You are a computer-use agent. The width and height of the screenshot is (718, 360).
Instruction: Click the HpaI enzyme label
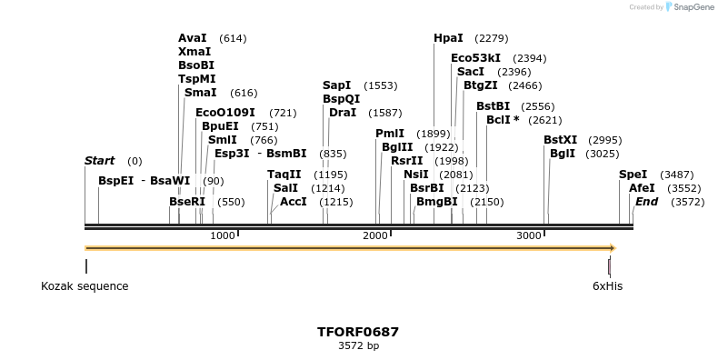coord(448,38)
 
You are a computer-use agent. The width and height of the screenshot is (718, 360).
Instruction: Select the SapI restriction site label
coord(336,85)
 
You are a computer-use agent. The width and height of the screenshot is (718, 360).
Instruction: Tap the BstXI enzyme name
coord(560,140)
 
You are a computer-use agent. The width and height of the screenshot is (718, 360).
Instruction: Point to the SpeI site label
coord(633,175)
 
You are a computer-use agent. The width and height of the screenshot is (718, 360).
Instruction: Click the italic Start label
coord(99,161)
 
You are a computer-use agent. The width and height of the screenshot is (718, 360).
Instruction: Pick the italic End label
coord(646,202)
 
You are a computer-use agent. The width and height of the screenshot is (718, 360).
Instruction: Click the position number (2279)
coord(491,38)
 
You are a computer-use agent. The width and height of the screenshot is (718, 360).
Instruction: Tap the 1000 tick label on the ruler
coord(223,236)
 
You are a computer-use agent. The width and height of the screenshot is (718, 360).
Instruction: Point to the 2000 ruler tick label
coord(375,236)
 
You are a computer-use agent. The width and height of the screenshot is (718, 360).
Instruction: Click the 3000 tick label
coord(529,236)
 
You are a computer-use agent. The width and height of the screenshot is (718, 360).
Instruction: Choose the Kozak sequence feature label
coord(85,286)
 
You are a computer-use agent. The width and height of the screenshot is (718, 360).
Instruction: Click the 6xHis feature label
coord(607,286)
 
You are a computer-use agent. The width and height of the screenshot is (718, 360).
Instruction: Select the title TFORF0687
coord(358,332)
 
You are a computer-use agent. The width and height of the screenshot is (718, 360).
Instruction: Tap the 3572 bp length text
coord(358,346)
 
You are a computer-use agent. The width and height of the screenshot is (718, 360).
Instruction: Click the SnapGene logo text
coord(692,7)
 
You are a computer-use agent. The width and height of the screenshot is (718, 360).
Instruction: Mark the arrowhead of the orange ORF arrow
coord(613,247)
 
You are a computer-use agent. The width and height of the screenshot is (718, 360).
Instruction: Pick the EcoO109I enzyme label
coord(224,113)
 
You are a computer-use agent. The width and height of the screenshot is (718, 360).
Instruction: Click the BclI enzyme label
coord(503,120)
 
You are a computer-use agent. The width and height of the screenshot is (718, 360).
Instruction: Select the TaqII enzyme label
coord(284,175)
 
